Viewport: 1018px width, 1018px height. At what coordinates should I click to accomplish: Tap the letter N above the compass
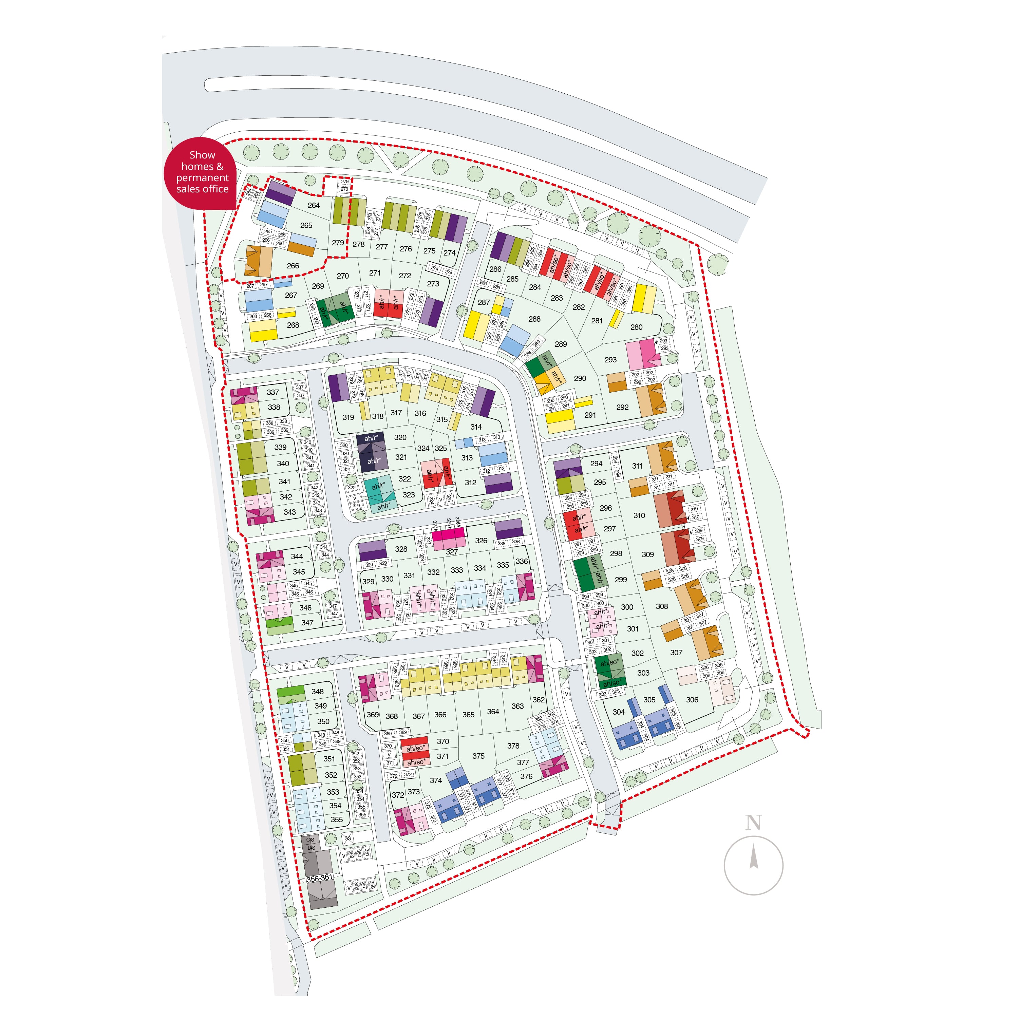coord(753,823)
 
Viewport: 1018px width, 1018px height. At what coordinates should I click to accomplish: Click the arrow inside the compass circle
coord(754,856)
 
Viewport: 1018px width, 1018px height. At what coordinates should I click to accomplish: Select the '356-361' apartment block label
coord(319,877)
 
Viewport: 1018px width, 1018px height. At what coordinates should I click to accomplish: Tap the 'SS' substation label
coord(347,838)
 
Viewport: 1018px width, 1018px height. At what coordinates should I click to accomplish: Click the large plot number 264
coord(314,206)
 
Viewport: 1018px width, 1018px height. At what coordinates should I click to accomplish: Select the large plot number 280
coord(637,327)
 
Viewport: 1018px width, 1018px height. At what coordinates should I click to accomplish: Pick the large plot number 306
coord(692,700)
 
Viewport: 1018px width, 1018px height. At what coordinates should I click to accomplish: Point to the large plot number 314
coord(476,427)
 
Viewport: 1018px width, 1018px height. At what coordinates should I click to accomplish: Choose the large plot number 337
coord(272,392)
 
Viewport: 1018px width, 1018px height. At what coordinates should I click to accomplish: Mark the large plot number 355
coord(337,819)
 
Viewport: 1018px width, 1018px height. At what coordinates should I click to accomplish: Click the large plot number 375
coord(478,756)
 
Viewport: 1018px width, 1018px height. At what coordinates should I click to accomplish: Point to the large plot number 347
coord(307,623)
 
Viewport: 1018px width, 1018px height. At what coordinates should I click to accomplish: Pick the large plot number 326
coord(480,541)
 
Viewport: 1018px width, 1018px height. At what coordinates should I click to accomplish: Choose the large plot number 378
coord(513,746)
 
